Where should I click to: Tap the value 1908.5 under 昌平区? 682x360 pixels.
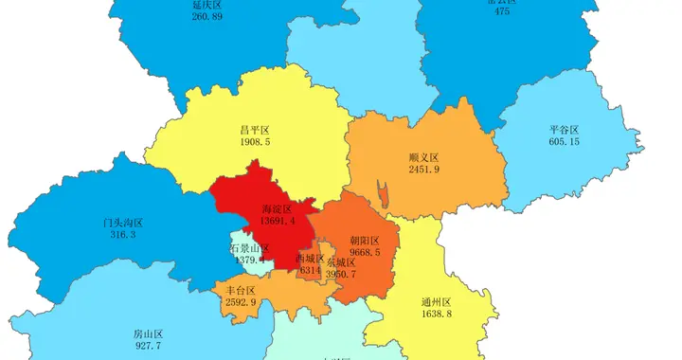point(256,142)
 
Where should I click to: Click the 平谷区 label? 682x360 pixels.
point(564,129)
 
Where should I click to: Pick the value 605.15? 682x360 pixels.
point(564,142)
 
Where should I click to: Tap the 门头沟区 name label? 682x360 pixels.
point(123,222)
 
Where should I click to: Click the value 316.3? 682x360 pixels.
point(123,234)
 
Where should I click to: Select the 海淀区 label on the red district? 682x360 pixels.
point(276,208)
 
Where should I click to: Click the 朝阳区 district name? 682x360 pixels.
point(365,241)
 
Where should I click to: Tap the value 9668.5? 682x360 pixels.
point(365,253)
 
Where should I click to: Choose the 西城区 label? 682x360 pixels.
point(310,258)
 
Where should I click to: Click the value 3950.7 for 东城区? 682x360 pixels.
point(341,275)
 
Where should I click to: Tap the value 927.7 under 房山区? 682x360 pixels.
point(148,347)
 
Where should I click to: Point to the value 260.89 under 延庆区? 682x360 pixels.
point(206,17)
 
